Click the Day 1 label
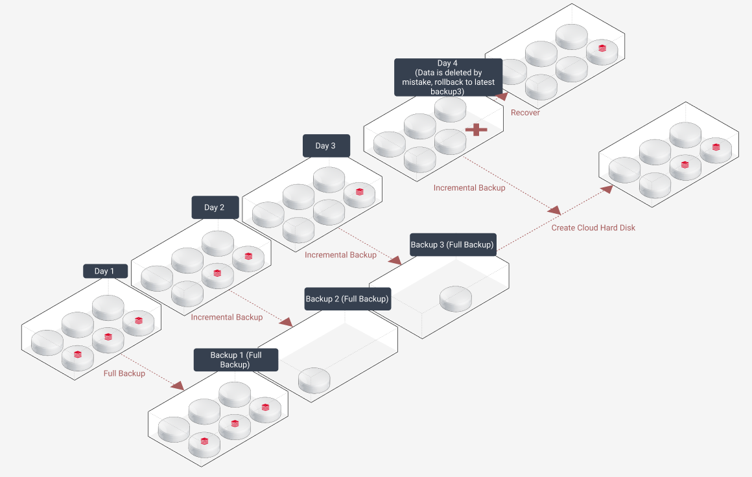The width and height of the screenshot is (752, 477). click(x=105, y=271)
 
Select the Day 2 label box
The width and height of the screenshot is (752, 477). click(x=215, y=207)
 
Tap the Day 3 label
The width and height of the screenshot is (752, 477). click(x=326, y=146)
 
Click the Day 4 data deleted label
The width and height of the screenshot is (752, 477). click(x=448, y=77)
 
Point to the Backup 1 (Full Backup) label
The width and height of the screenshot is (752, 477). click(x=236, y=360)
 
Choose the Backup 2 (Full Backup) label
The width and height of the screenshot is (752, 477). click(x=347, y=299)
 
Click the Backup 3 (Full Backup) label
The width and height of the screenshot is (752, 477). click(x=453, y=245)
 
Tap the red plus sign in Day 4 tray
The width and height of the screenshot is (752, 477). click(x=476, y=130)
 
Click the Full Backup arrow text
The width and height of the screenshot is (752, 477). click(x=124, y=373)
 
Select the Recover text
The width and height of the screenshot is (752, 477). click(x=525, y=113)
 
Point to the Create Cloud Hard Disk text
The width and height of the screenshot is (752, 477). click(x=593, y=228)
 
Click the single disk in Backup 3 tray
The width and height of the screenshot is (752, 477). click(x=456, y=299)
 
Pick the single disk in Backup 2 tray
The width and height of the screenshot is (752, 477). click(x=314, y=380)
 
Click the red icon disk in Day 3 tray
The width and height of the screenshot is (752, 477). click(x=360, y=194)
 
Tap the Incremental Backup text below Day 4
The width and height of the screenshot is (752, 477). click(x=469, y=188)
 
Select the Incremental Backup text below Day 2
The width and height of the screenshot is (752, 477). click(x=227, y=318)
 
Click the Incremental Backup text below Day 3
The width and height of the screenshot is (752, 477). click(x=340, y=255)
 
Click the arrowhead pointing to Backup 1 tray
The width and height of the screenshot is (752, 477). click(x=177, y=385)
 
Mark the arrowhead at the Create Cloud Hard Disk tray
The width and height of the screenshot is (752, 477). click(x=607, y=189)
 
